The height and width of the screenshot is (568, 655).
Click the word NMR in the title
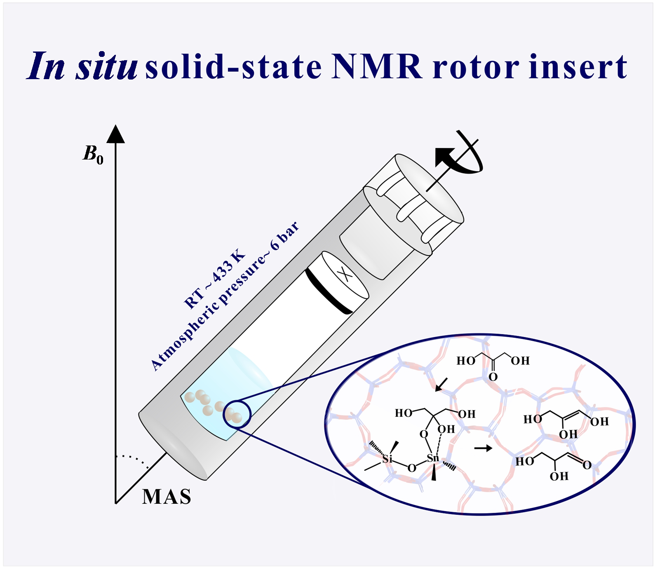(x=377, y=67)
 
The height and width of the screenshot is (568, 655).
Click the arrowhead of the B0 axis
(x=116, y=134)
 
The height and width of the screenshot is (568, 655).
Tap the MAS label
(x=167, y=497)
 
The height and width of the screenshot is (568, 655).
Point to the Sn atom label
(x=433, y=458)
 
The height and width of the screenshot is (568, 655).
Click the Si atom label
(x=387, y=458)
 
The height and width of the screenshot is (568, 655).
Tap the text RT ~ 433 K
(x=215, y=279)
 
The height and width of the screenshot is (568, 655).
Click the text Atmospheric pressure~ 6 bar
(x=225, y=296)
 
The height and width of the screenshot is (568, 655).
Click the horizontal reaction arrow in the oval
(x=483, y=448)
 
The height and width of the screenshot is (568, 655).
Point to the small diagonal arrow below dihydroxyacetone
(x=441, y=385)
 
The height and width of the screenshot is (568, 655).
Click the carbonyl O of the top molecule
(x=493, y=377)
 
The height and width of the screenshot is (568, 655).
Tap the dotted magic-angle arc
(x=133, y=460)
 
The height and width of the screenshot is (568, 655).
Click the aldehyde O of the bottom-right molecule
(x=587, y=465)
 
